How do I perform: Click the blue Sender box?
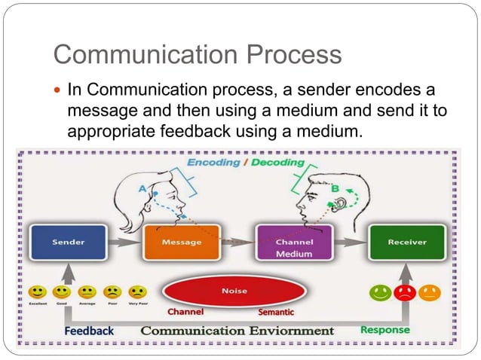pos(68,243)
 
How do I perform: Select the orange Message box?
pos(181,243)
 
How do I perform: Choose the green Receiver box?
pos(406,243)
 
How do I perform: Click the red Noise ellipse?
pos(234,291)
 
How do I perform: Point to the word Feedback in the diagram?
pos(89,331)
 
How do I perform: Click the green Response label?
pos(385,329)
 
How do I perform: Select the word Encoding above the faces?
pos(213,163)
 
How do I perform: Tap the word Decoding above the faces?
pos(280,163)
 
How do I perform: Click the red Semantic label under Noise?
pos(276,312)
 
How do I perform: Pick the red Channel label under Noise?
pos(185,311)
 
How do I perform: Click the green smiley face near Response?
pos(381,293)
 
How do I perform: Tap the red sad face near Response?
pos(406,293)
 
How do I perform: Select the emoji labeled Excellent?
pos(37,291)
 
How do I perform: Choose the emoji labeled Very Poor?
pos(137,291)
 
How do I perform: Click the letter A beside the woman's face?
pos(142,189)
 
